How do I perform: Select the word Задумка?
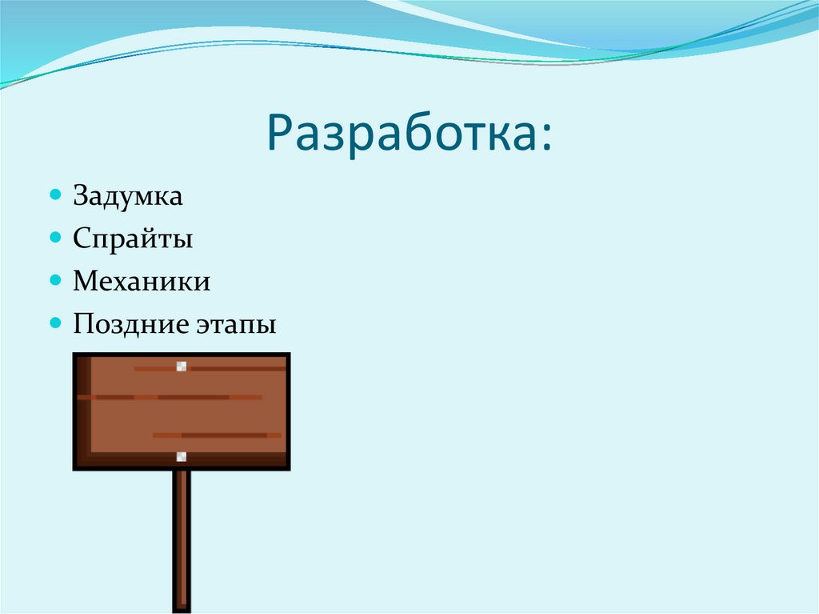coord(128,196)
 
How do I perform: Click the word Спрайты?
coord(133,239)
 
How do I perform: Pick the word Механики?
coord(142,281)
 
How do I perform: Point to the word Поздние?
coord(130,324)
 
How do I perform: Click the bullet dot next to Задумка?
coord(55,195)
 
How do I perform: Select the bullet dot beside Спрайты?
coord(55,238)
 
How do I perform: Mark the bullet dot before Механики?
coord(55,280)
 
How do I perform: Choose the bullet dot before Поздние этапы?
coord(55,323)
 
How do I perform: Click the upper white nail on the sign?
coord(182,367)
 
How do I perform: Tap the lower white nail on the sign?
coord(182,457)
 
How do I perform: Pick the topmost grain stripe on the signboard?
coord(232,368)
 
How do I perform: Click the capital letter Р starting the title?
coord(281,134)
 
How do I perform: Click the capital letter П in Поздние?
coord(82,324)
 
